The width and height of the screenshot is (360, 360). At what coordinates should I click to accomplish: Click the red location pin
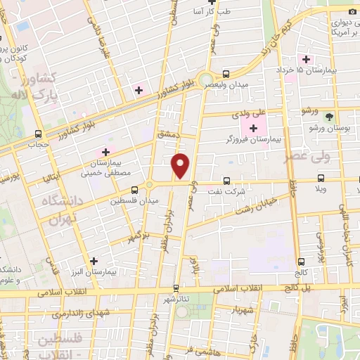pyautogui.click(x=181, y=165)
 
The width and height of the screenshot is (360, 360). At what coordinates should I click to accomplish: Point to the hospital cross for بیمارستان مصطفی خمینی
pyautogui.click(x=105, y=151)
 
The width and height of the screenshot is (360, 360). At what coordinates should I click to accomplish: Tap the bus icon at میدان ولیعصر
pyautogui.click(x=226, y=74)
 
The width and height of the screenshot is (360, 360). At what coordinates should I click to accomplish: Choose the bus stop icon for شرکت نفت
pyautogui.click(x=226, y=180)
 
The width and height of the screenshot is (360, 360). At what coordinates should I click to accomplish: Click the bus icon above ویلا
pyautogui.click(x=321, y=179)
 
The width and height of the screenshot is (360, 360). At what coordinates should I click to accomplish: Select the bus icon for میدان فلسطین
pyautogui.click(x=134, y=189)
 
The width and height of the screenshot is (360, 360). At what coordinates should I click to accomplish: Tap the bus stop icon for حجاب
pyautogui.click(x=37, y=134)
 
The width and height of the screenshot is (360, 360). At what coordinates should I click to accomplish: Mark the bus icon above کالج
pyautogui.click(x=301, y=261)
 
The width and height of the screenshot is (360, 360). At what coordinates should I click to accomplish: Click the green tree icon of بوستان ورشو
pyautogui.click(x=330, y=117)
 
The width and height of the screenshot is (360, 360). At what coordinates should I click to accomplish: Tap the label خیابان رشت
pyautogui.click(x=267, y=203)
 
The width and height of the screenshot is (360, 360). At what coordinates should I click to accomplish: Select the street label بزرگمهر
pyautogui.click(x=138, y=235)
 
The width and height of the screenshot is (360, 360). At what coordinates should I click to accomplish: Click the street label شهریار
pyautogui.click(x=242, y=307)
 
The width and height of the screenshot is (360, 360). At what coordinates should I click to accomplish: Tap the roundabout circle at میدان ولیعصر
pyautogui.click(x=205, y=80)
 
